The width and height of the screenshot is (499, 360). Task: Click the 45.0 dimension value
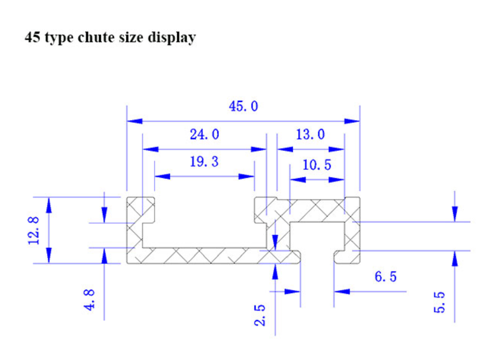point(243,106)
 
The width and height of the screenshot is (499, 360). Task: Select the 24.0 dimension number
point(204,135)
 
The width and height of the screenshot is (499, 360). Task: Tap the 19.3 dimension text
point(204,162)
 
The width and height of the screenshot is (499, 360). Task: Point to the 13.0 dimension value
point(310,135)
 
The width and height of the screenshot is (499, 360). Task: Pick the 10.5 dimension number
point(317,165)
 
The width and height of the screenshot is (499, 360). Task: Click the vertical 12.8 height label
point(34,230)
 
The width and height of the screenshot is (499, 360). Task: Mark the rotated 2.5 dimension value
point(260,315)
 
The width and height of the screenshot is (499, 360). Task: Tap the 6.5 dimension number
point(386,277)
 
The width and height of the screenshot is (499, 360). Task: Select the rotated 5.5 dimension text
point(440,302)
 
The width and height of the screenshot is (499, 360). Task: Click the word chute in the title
point(96,38)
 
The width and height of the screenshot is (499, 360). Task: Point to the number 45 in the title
point(32,38)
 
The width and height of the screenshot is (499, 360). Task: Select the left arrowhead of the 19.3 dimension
point(162,177)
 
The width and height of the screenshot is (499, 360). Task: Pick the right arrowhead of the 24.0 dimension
point(259,149)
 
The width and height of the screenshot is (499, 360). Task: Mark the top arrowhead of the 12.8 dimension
point(49,204)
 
